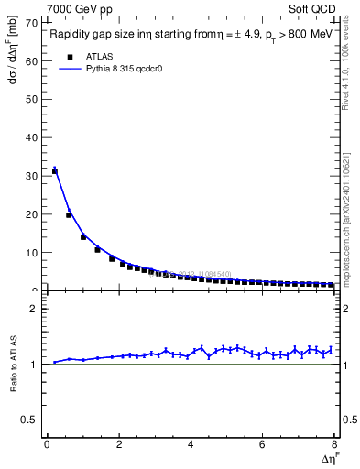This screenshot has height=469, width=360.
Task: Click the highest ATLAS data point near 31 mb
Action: tap(55, 170)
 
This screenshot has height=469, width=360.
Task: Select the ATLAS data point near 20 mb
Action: tap(69, 215)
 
